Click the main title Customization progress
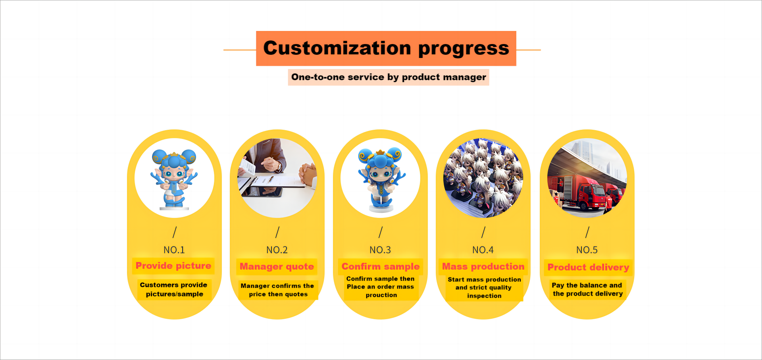[x=386, y=48]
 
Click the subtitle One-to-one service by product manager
[x=389, y=77]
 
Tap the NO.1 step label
[x=174, y=250]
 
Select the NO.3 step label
[x=380, y=250]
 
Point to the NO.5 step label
[x=587, y=250]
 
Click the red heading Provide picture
[x=173, y=266]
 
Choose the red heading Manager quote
[x=277, y=266]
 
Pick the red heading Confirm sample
[x=380, y=266]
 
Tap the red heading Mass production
[x=483, y=266]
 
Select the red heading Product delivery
[x=588, y=267]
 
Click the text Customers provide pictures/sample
[x=174, y=289]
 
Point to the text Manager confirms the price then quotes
[x=277, y=290]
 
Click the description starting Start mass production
[x=484, y=287]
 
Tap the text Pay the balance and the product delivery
[x=587, y=289]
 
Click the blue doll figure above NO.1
[x=174, y=179]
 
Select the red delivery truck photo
[x=587, y=178]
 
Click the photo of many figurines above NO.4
[x=483, y=178]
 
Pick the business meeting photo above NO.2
[x=277, y=178]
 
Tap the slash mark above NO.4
[x=483, y=232]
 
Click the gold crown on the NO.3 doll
[x=380, y=152]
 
